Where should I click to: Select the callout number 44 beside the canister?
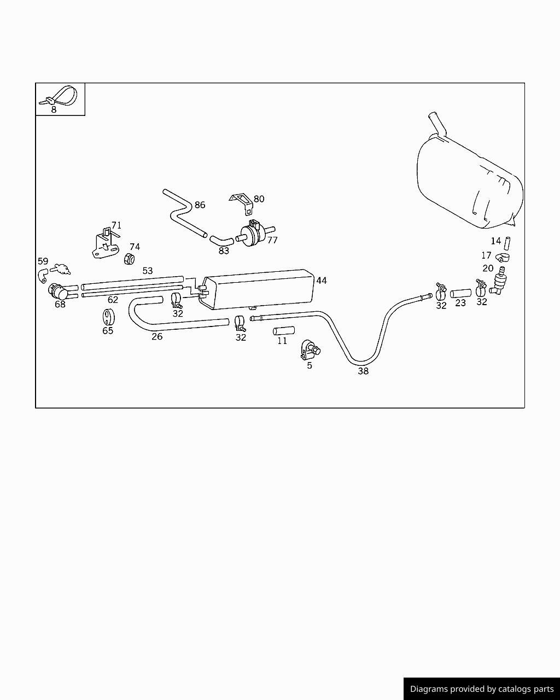(x=322, y=281)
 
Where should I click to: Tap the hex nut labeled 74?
(x=129, y=259)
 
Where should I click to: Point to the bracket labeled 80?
(x=243, y=204)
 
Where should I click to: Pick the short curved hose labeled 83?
(x=221, y=241)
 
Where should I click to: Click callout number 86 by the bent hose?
(x=200, y=205)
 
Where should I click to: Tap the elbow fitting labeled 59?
(x=43, y=276)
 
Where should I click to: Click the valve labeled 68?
(x=59, y=291)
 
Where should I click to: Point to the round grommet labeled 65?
(x=108, y=317)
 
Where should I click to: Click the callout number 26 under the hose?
(x=157, y=337)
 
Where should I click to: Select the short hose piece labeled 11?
(x=284, y=331)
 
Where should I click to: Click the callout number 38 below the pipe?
(x=363, y=371)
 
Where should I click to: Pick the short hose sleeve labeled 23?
(x=460, y=294)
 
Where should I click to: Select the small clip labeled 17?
(x=503, y=258)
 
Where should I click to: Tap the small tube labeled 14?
(x=507, y=243)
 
